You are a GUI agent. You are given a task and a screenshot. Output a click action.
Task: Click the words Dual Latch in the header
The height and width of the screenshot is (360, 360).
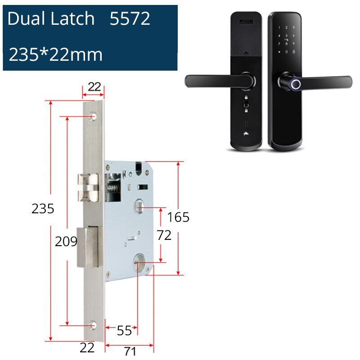(x=51, y=19)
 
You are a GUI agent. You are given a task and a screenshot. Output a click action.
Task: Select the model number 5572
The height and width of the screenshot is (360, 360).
(x=130, y=19)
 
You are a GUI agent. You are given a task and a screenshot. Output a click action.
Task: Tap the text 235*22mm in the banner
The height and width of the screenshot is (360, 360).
(x=56, y=55)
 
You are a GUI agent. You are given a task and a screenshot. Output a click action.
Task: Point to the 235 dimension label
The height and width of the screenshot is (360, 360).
(x=43, y=209)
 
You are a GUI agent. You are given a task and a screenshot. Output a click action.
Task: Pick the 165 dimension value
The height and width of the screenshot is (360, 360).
(x=178, y=217)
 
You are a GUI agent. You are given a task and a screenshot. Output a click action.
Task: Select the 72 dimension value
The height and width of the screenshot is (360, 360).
(x=164, y=235)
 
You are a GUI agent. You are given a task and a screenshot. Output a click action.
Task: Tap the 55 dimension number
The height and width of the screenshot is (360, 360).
(x=124, y=331)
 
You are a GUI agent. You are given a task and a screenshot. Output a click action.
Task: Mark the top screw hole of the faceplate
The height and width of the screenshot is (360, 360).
(x=94, y=117)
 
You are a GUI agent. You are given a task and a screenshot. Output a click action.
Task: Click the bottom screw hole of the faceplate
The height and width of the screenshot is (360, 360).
(x=94, y=324)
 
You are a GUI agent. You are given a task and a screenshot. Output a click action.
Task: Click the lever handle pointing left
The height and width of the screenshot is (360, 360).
(x=216, y=81)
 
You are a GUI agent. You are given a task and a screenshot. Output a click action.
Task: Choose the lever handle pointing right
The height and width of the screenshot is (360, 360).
(x=324, y=81)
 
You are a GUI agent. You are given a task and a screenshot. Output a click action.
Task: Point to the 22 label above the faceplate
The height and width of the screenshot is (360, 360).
(x=94, y=87)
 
